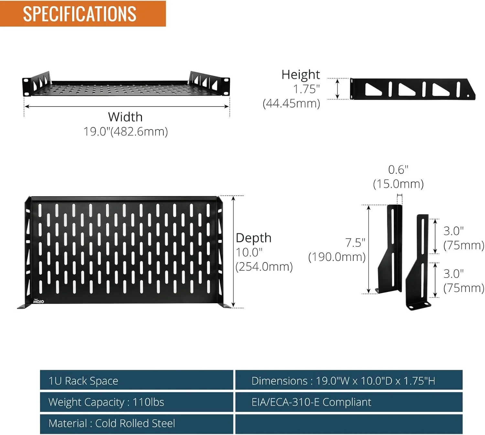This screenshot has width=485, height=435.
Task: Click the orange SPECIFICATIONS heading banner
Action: (83, 13)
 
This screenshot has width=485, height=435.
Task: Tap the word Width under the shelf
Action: (125, 117)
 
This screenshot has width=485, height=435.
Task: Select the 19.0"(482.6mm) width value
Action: (126, 131)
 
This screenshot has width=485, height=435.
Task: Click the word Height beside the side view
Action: (300, 74)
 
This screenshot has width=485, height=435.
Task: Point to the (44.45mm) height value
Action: (291, 104)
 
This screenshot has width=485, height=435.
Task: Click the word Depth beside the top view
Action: (253, 238)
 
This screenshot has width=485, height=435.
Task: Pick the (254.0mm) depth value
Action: (264, 267)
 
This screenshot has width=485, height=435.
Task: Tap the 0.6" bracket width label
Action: (398, 170)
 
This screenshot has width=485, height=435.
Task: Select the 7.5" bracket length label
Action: (355, 243)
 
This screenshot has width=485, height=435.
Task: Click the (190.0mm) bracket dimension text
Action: (337, 257)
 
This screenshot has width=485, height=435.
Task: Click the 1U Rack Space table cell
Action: (136, 381)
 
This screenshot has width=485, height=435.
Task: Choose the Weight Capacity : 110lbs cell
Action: (136, 402)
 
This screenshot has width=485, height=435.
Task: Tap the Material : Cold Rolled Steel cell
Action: (136, 423)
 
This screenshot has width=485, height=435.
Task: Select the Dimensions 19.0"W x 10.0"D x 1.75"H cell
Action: (349, 381)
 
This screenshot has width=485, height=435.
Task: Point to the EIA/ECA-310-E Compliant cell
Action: (349, 402)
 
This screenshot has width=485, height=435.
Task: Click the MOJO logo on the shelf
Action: (38, 301)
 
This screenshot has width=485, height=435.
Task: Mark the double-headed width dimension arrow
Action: (127, 107)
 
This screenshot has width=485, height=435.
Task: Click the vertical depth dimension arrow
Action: (233, 252)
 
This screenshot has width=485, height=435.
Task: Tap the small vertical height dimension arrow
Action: (337, 89)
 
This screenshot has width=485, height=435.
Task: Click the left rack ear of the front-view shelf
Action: (26, 87)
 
